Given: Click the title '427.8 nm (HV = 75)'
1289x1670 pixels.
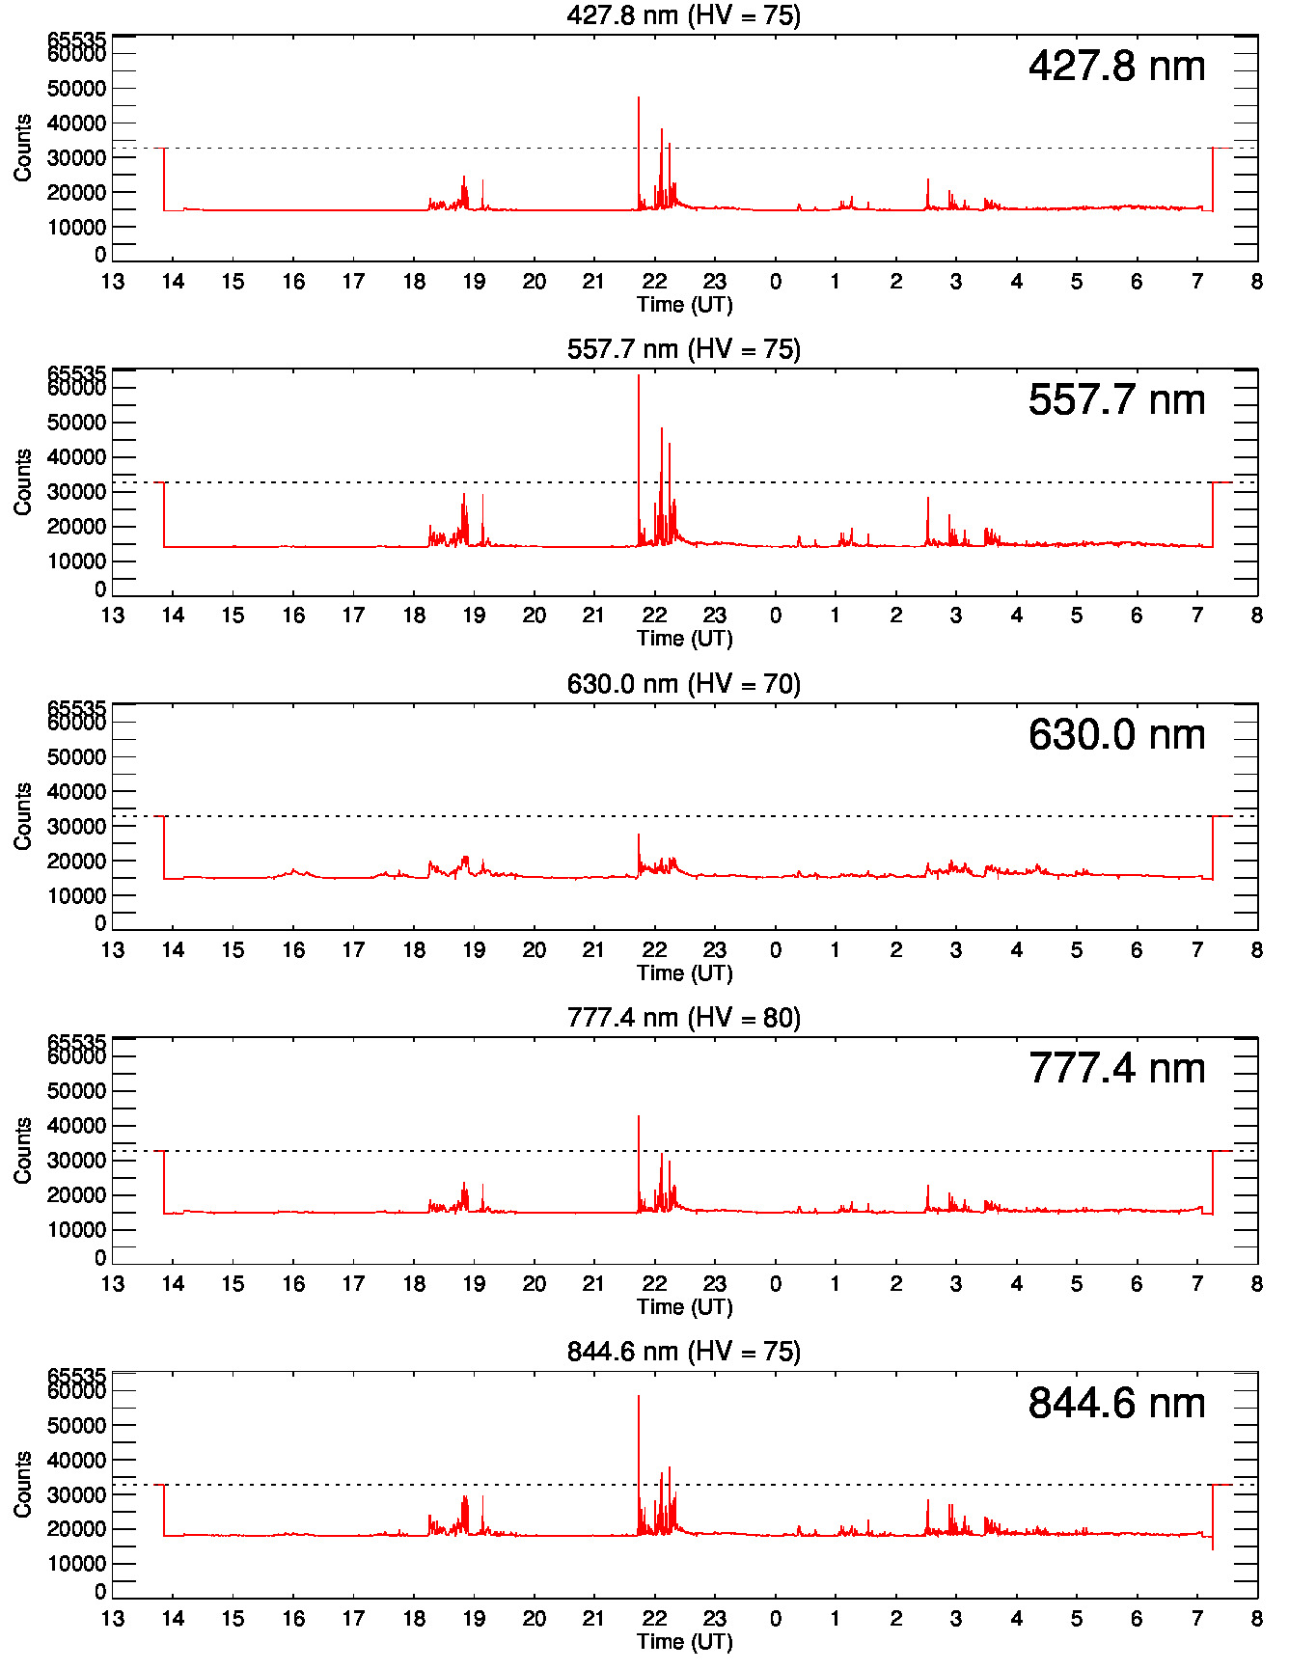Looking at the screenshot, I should (683, 15).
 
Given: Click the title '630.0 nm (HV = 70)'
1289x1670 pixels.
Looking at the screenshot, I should (683, 684).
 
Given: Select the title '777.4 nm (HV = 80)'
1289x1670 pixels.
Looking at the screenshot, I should (683, 1018).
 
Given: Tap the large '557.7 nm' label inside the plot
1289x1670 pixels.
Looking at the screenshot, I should (1116, 399).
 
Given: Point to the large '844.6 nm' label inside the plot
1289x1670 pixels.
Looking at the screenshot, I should (1116, 1403).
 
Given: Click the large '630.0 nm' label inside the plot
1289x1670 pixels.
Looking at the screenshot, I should (1116, 734).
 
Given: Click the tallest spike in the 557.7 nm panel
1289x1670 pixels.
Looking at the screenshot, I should (639, 378).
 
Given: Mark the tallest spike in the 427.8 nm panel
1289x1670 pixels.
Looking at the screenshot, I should (639, 99).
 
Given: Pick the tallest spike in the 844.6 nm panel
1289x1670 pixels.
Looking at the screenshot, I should (639, 1399).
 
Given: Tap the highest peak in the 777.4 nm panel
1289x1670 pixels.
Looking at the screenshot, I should (639, 1119).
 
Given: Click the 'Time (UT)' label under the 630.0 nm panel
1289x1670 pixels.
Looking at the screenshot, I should (684, 972).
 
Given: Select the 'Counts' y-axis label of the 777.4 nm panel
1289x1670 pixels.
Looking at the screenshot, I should (22, 1150).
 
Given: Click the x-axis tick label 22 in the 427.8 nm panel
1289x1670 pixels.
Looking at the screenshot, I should (654, 282).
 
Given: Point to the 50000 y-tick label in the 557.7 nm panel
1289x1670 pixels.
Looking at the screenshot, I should (76, 423).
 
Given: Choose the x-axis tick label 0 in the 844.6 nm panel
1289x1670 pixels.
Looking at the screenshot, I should (775, 1619).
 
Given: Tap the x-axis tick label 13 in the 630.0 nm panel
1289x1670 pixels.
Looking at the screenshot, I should (113, 950).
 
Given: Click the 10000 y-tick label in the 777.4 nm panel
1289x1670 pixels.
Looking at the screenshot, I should (76, 1230).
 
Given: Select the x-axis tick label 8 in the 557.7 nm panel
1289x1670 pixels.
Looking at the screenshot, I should (1256, 616).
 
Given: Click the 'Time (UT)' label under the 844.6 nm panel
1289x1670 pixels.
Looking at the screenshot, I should (684, 1641).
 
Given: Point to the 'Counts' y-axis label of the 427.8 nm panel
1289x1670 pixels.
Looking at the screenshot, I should (22, 148).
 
